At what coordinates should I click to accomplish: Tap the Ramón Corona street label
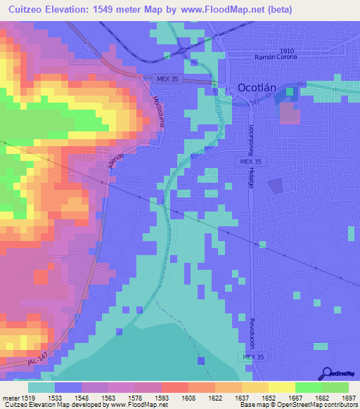pyautogui.click(x=281, y=57)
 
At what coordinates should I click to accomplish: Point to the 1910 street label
pyautogui.click(x=285, y=51)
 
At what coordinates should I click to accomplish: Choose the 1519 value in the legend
pyautogui.click(x=28, y=398)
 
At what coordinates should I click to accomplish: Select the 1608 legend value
pyautogui.click(x=188, y=398)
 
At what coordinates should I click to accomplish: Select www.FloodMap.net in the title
pyautogui.click(x=224, y=9)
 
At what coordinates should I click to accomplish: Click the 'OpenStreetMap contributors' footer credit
pyautogui.click(x=316, y=405)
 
